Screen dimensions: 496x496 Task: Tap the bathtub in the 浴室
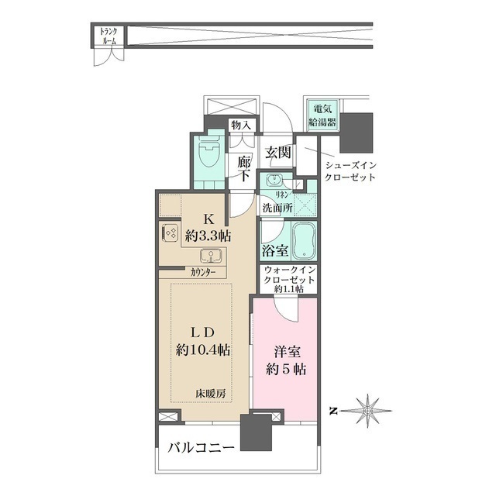pyautogui.click(x=304, y=240)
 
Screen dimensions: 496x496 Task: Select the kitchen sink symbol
pyautogui.click(x=211, y=256)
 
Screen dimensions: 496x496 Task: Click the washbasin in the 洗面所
pyautogui.click(x=273, y=181)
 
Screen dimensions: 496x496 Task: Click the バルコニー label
pyautogui.click(x=201, y=448)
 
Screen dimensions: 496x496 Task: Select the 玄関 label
pyautogui.click(x=277, y=153)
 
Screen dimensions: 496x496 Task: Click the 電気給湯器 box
pyautogui.click(x=322, y=115)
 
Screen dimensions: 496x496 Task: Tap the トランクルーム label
pyautogui.click(x=108, y=36)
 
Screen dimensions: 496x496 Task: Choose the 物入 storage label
pyautogui.click(x=241, y=126)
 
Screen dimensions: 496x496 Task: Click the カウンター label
pyautogui.click(x=203, y=272)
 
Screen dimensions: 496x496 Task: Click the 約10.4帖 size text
pyautogui.click(x=203, y=350)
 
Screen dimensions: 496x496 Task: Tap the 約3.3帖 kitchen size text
pyautogui.click(x=208, y=236)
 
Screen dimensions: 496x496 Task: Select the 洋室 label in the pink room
pyautogui.click(x=288, y=352)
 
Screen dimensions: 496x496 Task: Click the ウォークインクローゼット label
pyautogui.click(x=289, y=275)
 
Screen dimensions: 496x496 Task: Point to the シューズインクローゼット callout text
pyautogui.click(x=350, y=170)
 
